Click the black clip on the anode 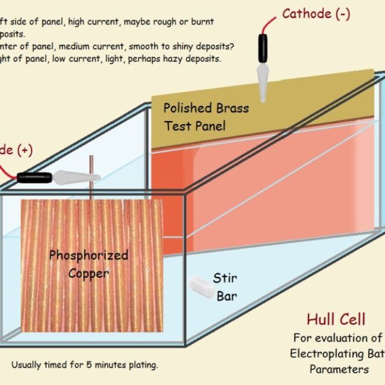coord(35,177)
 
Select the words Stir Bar coord(225,287)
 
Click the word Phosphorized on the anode coord(88,255)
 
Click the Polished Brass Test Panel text coord(196,117)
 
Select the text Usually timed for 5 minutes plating coord(85,365)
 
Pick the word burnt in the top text coord(201,22)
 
